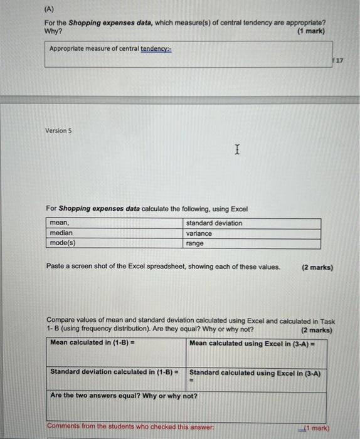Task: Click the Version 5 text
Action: tap(59, 130)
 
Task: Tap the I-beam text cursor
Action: tap(236, 150)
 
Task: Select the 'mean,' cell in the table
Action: tap(60, 223)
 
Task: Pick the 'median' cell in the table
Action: tap(61, 233)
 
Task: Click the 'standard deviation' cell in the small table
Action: tap(214, 223)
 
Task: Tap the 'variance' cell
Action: tap(199, 233)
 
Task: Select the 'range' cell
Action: tap(195, 243)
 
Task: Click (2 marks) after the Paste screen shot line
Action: tap(317, 267)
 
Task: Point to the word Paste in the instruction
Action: tap(55, 267)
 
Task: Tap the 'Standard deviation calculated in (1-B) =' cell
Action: tap(114, 372)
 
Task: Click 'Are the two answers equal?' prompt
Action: tap(124, 396)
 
